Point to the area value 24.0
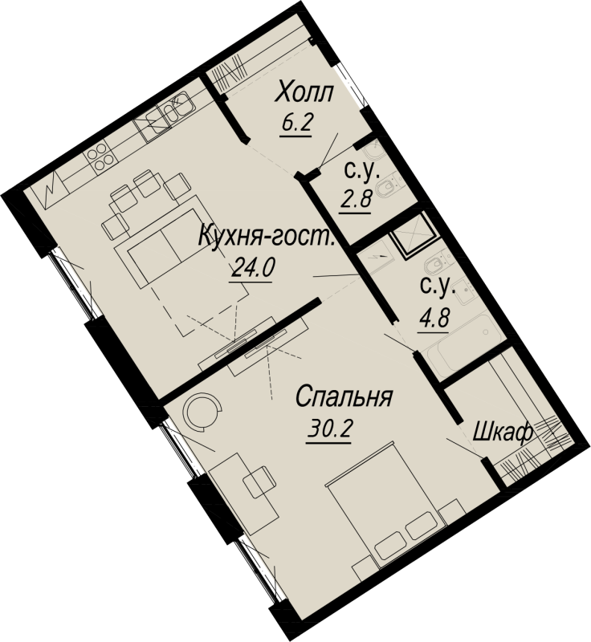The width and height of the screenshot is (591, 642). (x=253, y=268)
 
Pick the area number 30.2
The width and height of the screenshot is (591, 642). (x=329, y=429)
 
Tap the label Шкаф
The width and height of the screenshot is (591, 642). (x=503, y=433)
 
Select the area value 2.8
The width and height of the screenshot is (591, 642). (x=356, y=200)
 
